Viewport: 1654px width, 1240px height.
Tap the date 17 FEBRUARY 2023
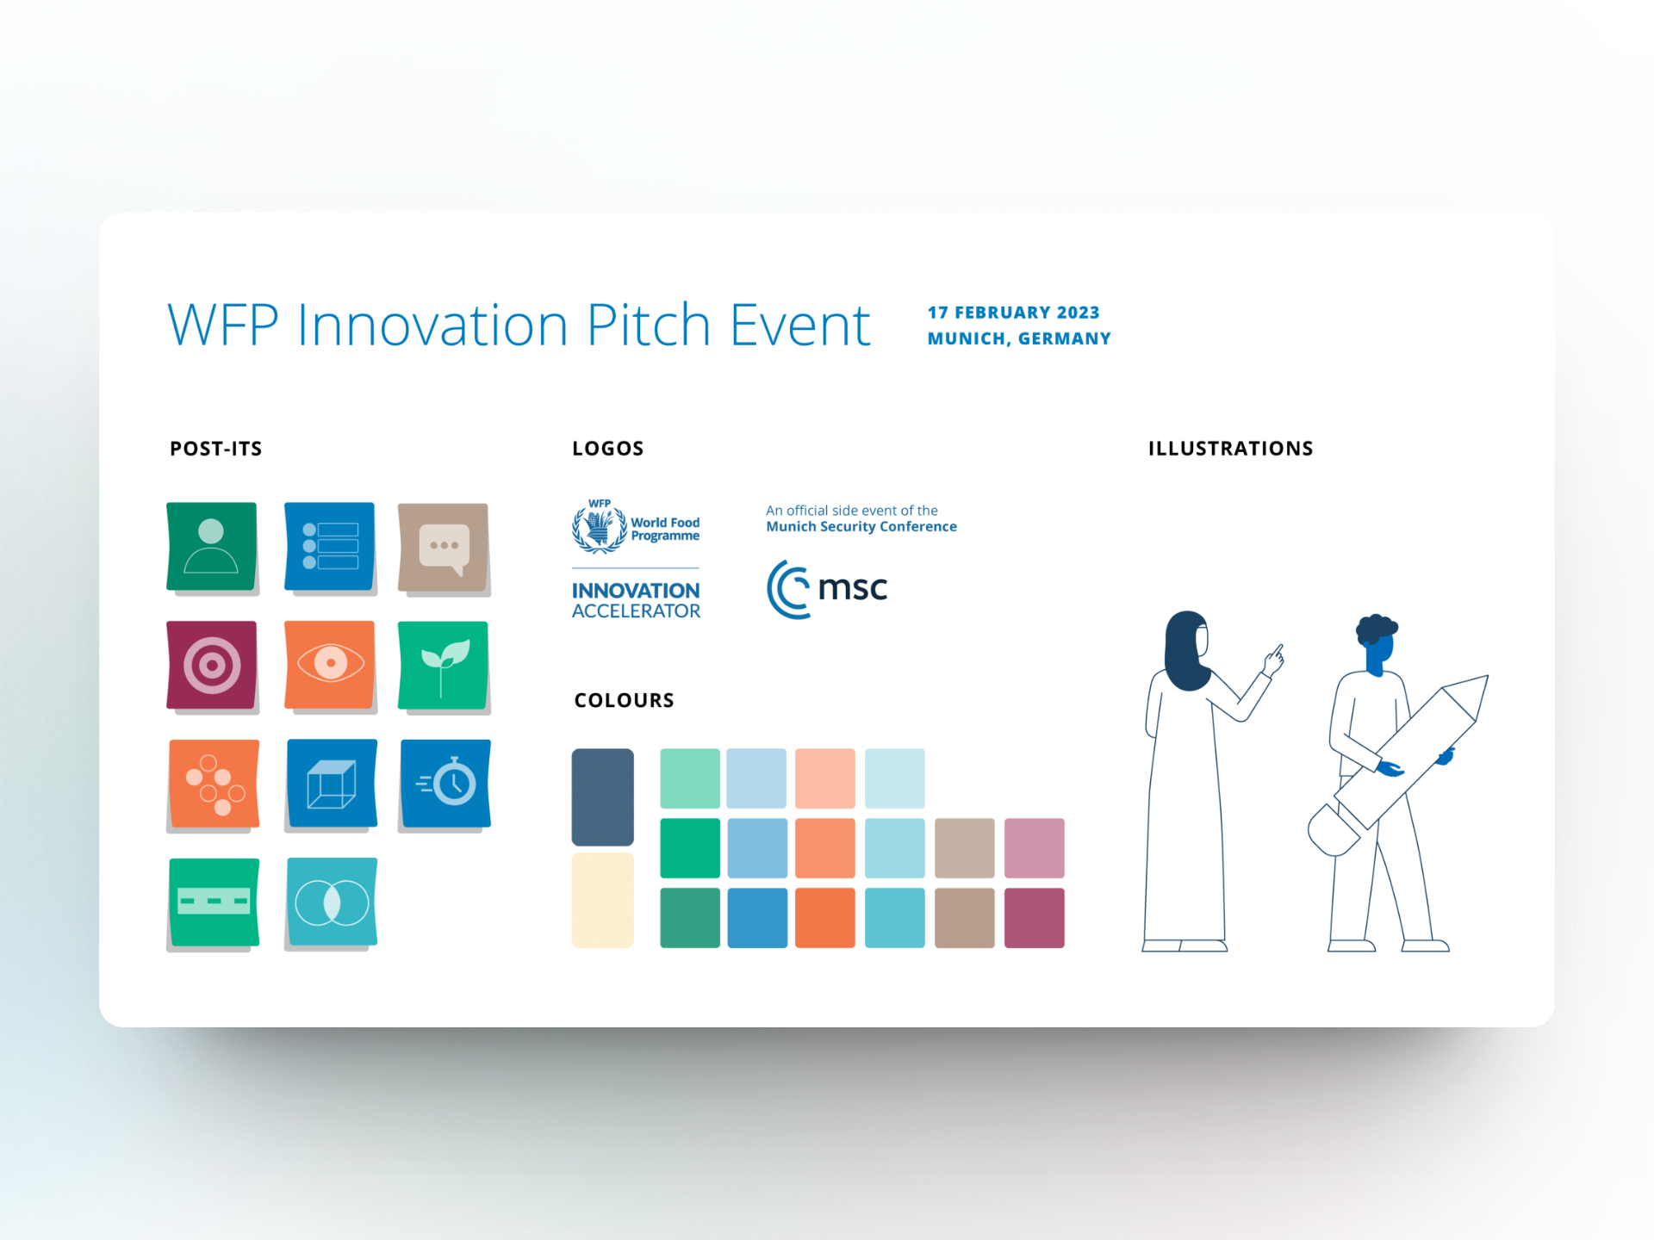(1013, 313)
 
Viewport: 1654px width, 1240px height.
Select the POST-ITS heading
(215, 449)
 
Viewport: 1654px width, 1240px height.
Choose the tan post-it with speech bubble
(444, 549)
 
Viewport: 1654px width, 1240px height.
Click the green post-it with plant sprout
(444, 667)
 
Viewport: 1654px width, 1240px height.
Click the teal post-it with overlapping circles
(332, 903)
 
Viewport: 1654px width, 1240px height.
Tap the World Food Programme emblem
(600, 526)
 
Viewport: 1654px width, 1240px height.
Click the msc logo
(827, 589)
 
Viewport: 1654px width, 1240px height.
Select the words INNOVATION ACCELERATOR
(636, 601)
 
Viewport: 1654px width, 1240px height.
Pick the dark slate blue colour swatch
(603, 797)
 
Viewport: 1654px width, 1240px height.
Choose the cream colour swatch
(603, 900)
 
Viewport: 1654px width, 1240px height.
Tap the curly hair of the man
(1377, 629)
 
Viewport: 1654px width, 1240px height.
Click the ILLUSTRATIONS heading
(1230, 449)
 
